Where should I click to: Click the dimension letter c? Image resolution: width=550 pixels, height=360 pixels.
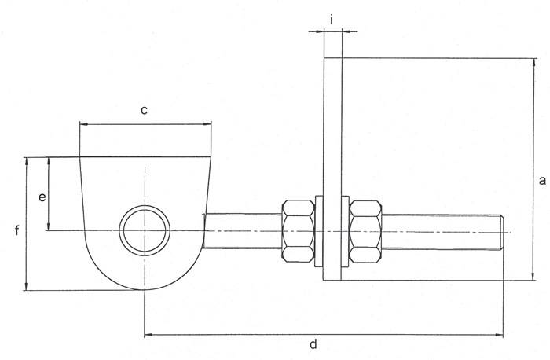click(145, 111)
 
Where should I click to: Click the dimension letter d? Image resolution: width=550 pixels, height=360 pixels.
click(313, 344)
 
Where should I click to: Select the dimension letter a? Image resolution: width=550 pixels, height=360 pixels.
click(541, 180)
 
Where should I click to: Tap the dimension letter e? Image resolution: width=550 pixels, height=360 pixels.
click(42, 197)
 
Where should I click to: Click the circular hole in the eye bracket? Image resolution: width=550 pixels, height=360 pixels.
click(145, 230)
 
